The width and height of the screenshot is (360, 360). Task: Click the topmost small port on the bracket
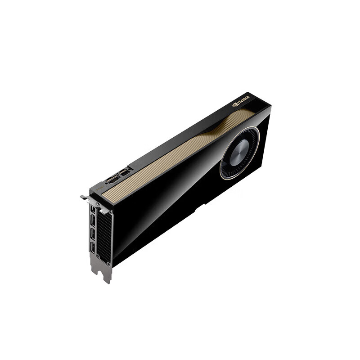click(x=93, y=210)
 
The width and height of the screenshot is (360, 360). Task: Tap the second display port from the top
click(x=93, y=221)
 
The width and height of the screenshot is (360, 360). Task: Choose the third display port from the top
click(x=93, y=234)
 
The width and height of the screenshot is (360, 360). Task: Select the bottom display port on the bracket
click(x=92, y=247)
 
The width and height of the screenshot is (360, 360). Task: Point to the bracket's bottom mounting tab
click(x=104, y=274)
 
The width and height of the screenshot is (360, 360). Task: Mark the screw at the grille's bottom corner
click(x=108, y=261)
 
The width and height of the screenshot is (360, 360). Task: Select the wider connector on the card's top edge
click(x=113, y=180)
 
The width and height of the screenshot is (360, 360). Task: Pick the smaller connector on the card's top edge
click(x=125, y=172)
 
